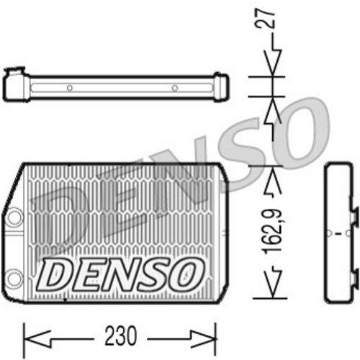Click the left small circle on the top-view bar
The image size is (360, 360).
click(70, 89)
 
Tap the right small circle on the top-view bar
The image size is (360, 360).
click(175, 89)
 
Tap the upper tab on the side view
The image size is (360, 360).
click(354, 215)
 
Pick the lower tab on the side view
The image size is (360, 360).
click(354, 276)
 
